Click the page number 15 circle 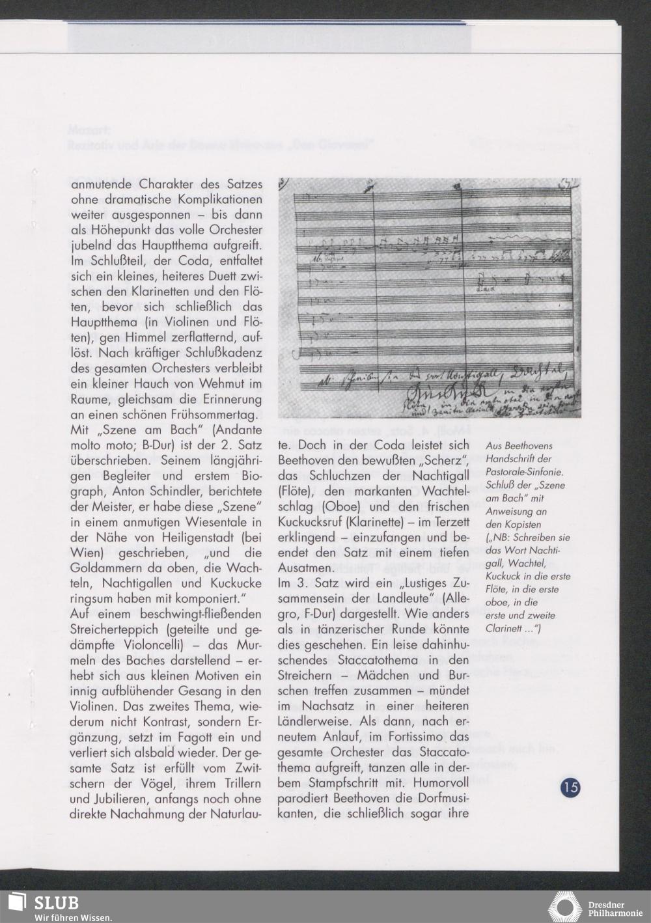[570, 787]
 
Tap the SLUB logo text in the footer [57, 902]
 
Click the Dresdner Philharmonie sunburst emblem [565, 907]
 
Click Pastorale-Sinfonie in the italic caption [524, 472]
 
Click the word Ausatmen [306, 568]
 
